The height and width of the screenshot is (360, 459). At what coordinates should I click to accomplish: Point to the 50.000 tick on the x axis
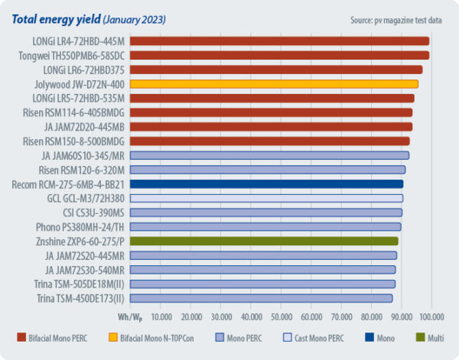coord(282,316)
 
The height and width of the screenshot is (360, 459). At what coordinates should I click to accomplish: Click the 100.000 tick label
coord(431,316)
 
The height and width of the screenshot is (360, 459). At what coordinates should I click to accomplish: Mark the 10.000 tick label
coord(161,316)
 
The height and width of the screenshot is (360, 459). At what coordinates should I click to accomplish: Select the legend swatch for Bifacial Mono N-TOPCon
coord(132,337)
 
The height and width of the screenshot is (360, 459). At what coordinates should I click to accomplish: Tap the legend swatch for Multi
coord(421,337)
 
